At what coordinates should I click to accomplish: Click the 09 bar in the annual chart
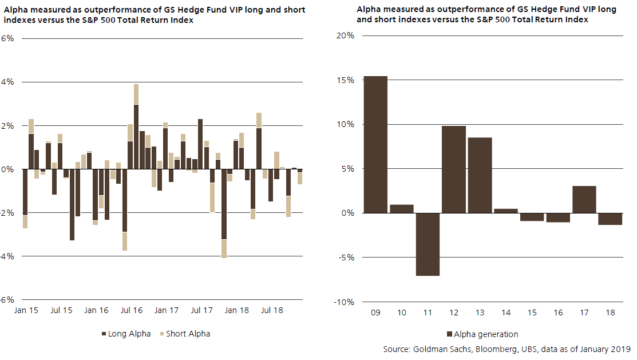tap(375, 144)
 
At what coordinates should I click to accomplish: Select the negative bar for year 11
tap(428, 244)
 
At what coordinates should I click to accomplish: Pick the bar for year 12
tap(453, 169)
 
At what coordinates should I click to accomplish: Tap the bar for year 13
tap(480, 175)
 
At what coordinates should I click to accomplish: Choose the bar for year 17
tap(584, 199)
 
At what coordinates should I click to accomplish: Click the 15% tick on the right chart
tap(345, 80)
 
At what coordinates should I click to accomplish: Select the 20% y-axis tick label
tap(345, 35)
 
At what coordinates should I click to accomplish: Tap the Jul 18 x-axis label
tap(272, 310)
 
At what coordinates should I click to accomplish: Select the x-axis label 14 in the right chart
tap(506, 314)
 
